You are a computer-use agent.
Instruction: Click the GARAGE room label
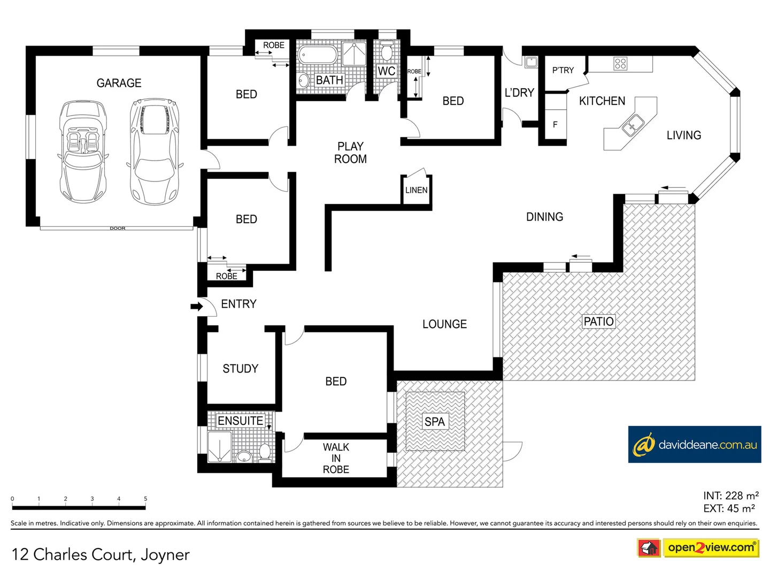coord(119,83)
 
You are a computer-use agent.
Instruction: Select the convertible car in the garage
coord(83,151)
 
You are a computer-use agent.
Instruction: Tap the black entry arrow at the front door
coord(196,307)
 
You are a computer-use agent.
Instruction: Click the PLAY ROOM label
coord(350,153)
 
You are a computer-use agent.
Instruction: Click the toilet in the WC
coord(387,52)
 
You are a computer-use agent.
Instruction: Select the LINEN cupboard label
coord(416,190)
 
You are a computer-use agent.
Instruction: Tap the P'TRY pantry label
coord(563,70)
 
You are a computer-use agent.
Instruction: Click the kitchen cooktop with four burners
coord(620,64)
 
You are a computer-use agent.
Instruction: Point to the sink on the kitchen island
coord(632,126)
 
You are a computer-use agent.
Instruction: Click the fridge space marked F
coord(555,125)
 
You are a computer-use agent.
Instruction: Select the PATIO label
coord(598,321)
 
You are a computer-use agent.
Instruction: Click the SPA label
coord(434,422)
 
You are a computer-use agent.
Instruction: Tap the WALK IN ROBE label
coord(336,458)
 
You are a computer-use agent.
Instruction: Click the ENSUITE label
coord(240,421)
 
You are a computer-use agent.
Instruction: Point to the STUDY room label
coord(240,369)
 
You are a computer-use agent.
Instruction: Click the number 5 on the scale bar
coord(145,499)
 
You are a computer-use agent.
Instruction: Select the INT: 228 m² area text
coord(730,496)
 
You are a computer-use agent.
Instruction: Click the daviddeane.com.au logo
coord(694,445)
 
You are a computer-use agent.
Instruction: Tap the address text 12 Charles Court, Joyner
coord(101,554)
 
